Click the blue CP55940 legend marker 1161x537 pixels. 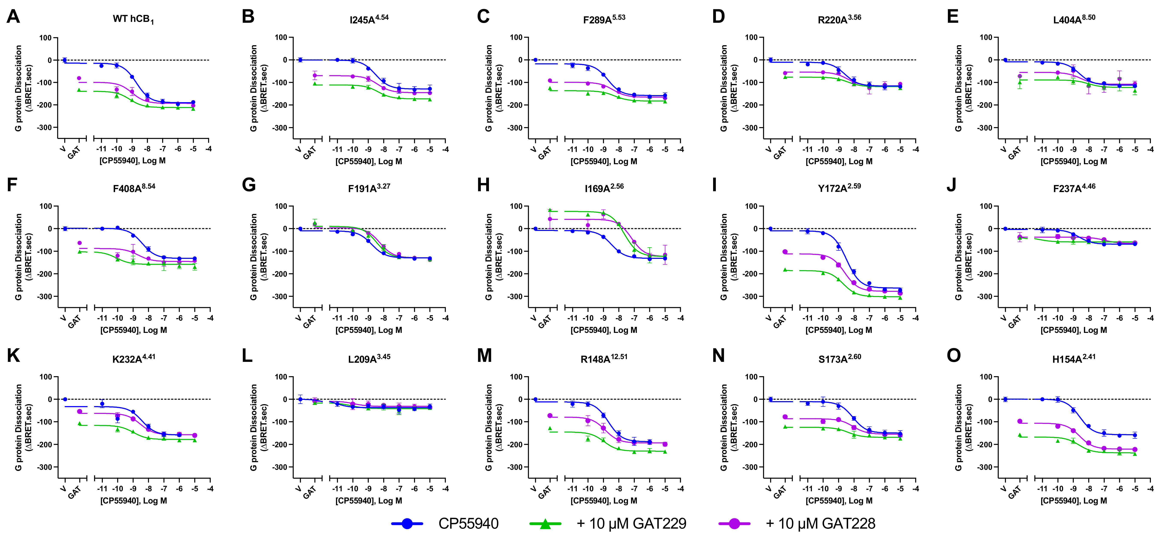point(407,523)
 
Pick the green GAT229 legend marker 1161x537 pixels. point(545,523)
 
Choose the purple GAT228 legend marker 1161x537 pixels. point(734,523)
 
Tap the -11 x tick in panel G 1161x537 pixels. point(337,318)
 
